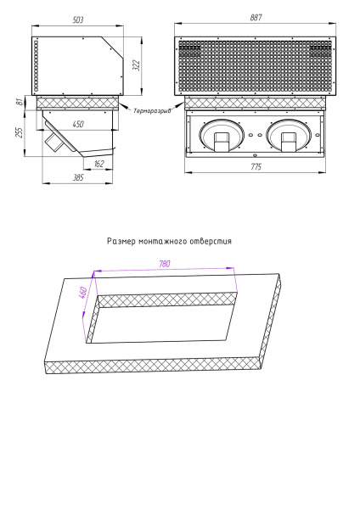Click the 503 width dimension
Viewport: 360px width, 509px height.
pos(78,19)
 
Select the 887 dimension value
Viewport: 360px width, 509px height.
pos(256,19)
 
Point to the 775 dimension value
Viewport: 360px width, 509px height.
pos(256,167)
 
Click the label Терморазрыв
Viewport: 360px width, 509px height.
pos(152,110)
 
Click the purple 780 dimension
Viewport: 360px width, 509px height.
pos(166,264)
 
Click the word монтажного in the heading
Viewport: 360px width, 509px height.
pos(166,241)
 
